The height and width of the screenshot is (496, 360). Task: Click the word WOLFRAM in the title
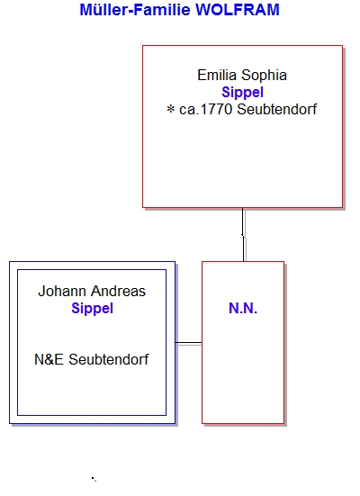click(238, 10)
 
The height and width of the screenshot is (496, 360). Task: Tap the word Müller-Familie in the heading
click(136, 10)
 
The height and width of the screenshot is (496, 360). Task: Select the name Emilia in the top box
click(217, 76)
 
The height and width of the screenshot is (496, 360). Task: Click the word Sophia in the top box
click(264, 76)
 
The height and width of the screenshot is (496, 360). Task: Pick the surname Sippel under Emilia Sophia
click(243, 93)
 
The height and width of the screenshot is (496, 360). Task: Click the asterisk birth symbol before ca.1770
click(171, 110)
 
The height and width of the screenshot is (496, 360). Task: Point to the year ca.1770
click(205, 110)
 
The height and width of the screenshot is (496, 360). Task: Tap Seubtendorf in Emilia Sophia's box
click(277, 110)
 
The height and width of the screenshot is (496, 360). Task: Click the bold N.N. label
click(243, 308)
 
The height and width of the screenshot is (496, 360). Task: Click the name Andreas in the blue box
click(118, 291)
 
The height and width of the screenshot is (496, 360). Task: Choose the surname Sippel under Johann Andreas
click(93, 309)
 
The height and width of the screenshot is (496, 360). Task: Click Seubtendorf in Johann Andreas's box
click(109, 360)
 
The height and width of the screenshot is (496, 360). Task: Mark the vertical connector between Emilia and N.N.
click(243, 235)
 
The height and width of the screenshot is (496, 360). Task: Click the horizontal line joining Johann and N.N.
click(188, 343)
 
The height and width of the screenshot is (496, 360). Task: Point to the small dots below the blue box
click(94, 479)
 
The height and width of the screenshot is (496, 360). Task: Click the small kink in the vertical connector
click(243, 235)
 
